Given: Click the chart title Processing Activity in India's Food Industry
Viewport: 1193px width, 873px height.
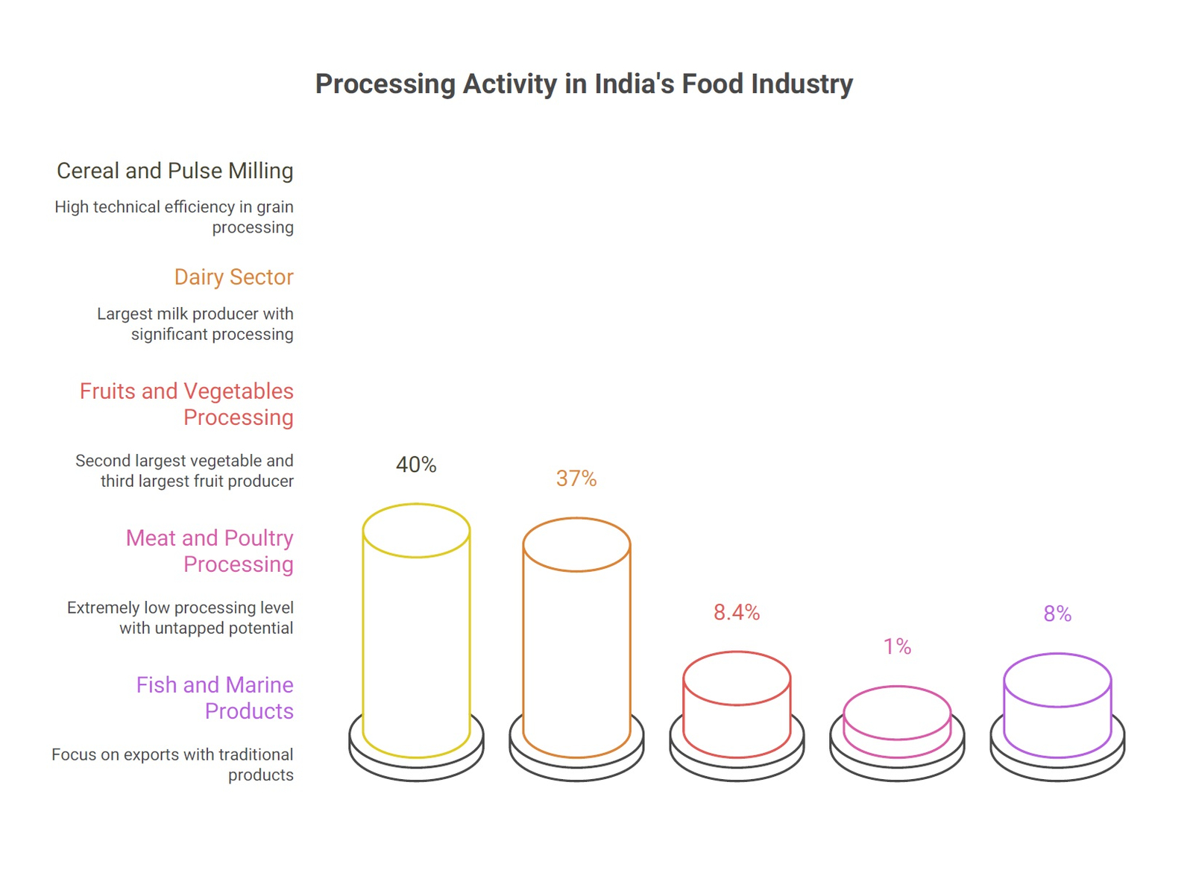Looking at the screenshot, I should tap(584, 84).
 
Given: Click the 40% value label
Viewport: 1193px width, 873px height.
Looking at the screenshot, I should tap(416, 465).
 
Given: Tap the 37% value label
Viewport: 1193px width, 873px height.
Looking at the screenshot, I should tap(576, 479).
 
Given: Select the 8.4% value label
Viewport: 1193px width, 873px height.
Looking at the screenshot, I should tap(737, 613).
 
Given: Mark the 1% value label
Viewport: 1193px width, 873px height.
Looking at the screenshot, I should tap(897, 646).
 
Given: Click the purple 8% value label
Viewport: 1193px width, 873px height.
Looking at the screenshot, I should tap(1057, 614).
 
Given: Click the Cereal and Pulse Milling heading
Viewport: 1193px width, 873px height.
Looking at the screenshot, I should tap(175, 171).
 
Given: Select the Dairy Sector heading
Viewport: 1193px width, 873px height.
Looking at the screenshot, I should tap(233, 277).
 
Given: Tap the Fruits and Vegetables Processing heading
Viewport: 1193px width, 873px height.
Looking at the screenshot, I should tap(186, 404).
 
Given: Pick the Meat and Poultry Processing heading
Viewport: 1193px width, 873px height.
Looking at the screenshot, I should tap(210, 551).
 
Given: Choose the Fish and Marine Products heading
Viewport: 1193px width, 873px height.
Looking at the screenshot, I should tap(215, 698).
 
